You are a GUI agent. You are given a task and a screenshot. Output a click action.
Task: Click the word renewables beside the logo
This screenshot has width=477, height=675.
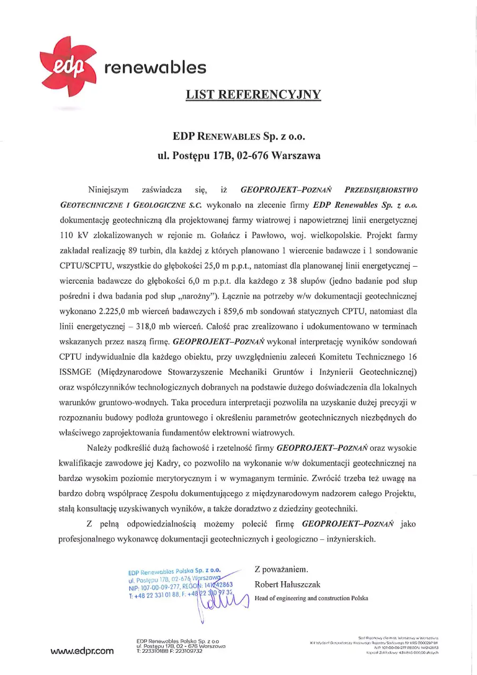(x=155, y=68)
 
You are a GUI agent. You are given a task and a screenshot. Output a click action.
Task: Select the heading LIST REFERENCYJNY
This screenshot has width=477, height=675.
(x=253, y=95)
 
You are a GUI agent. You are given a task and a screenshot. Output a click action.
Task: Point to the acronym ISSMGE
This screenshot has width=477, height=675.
(x=75, y=370)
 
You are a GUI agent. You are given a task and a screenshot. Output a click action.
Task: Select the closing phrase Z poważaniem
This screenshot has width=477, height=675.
(x=281, y=569)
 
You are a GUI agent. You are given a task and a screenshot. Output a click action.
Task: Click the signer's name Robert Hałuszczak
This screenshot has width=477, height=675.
(x=287, y=585)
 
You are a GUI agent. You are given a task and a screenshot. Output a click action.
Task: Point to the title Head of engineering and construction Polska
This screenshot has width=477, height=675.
(x=311, y=599)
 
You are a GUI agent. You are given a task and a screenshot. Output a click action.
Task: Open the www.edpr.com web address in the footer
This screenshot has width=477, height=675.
(x=82, y=651)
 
